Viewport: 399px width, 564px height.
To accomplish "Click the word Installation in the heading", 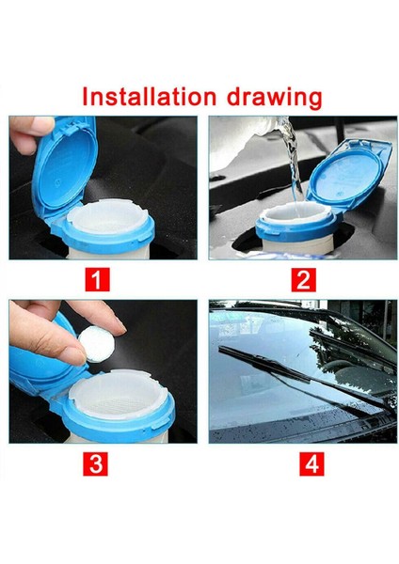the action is [149, 96].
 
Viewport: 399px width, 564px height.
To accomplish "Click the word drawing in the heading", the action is [275, 98].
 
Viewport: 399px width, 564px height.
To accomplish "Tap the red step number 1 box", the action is [97, 279].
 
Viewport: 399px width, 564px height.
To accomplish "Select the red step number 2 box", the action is [303, 279].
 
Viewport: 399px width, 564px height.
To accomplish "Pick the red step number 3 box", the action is [95, 463].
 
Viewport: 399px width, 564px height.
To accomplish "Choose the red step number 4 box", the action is [311, 463].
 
